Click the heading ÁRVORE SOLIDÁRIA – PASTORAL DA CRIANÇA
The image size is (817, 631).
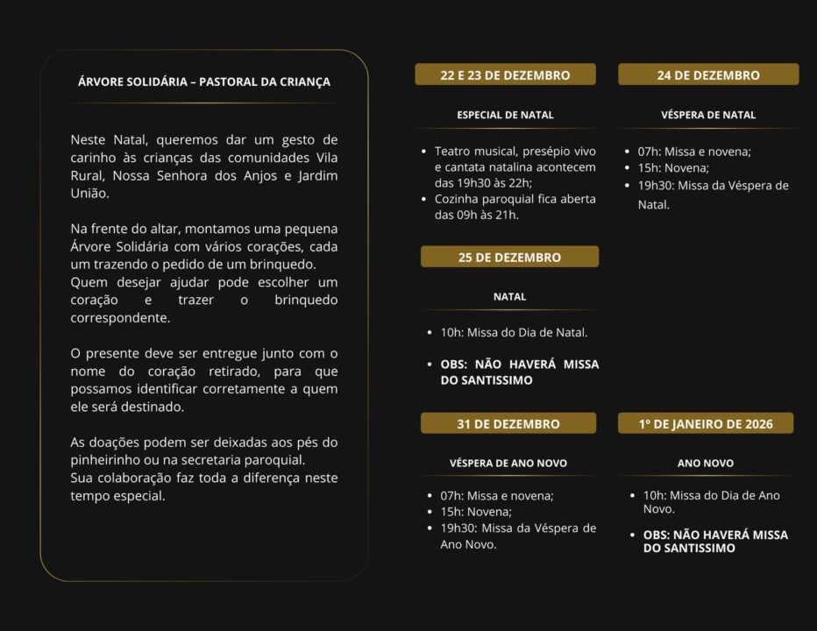(x=203, y=82)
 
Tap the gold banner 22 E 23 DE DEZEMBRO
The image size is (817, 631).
(x=505, y=75)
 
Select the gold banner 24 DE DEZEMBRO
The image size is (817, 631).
(x=708, y=75)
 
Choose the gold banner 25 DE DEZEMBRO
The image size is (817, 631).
(x=509, y=258)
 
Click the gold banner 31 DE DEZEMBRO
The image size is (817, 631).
(x=508, y=424)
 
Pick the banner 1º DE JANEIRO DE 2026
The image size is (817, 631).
(x=706, y=424)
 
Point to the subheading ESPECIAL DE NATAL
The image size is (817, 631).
(x=505, y=115)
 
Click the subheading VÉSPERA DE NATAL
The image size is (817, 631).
(x=708, y=115)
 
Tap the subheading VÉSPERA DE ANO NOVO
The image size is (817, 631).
(x=508, y=463)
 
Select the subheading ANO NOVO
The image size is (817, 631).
(x=706, y=463)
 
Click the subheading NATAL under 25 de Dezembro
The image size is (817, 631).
(x=509, y=296)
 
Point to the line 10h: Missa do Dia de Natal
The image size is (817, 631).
(x=514, y=333)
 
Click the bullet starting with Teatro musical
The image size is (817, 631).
(x=515, y=167)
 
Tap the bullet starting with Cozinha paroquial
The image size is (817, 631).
(x=515, y=207)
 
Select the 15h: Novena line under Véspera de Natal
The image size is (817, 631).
(x=673, y=168)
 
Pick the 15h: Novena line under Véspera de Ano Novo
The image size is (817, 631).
(x=476, y=512)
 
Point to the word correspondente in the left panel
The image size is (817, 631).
(x=119, y=319)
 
